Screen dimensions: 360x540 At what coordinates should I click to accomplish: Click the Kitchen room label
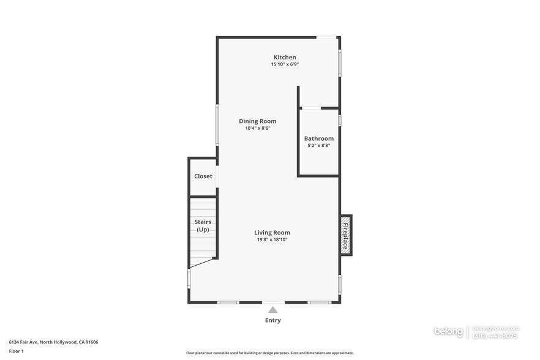(x=285, y=58)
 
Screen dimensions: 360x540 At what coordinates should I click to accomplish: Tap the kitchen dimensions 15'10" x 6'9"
(x=285, y=64)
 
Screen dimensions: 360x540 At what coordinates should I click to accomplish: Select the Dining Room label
(x=257, y=121)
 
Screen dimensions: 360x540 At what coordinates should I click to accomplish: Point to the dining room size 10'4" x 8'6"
(x=257, y=129)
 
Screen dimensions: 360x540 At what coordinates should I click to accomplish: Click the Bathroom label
(x=318, y=138)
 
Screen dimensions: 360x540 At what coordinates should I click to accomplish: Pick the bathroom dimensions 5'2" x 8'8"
(x=318, y=146)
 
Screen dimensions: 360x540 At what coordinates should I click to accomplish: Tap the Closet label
(x=203, y=176)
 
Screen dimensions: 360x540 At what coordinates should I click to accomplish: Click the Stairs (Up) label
(x=203, y=225)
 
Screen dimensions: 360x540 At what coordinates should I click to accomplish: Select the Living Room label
(x=272, y=233)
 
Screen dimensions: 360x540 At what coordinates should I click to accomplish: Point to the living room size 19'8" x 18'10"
(x=272, y=240)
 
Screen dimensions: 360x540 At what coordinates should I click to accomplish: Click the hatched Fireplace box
(x=346, y=235)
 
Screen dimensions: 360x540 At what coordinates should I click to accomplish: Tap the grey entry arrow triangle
(x=272, y=310)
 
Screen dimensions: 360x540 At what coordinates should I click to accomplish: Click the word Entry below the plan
(x=272, y=320)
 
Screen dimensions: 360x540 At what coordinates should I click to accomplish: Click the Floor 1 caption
(x=16, y=351)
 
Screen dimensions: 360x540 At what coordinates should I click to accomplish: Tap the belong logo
(x=449, y=331)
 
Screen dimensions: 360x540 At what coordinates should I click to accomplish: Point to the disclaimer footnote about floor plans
(x=269, y=353)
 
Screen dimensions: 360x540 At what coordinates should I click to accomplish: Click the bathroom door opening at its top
(x=311, y=108)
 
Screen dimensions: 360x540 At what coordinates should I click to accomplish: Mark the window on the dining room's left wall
(x=217, y=126)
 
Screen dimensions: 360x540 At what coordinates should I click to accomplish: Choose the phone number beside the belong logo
(x=495, y=336)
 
